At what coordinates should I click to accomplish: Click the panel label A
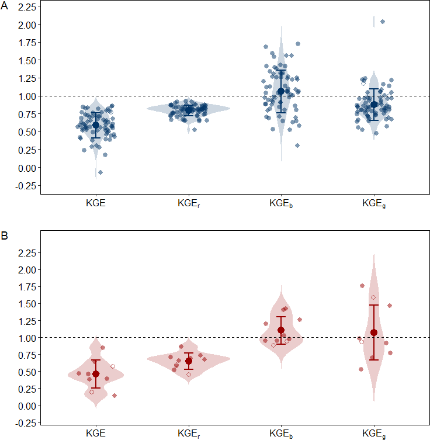pos(5,9)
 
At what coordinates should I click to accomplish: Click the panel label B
pos(5,237)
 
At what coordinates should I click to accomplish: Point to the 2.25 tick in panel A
pos(26,6)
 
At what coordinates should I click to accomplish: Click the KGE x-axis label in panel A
pos(96,204)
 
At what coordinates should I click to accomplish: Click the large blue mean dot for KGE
pos(96,125)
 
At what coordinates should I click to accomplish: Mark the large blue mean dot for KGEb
pos(281,91)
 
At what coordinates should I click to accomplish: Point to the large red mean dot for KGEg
pos(374,332)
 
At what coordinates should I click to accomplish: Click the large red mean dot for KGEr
pos(189,361)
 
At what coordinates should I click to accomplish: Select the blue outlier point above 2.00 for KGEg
pos(383,22)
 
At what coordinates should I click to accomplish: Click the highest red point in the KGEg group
pos(362,286)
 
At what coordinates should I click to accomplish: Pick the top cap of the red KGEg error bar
pos(374,305)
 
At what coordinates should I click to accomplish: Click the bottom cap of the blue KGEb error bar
pos(281,113)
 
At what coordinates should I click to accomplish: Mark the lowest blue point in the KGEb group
pos(297,145)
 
